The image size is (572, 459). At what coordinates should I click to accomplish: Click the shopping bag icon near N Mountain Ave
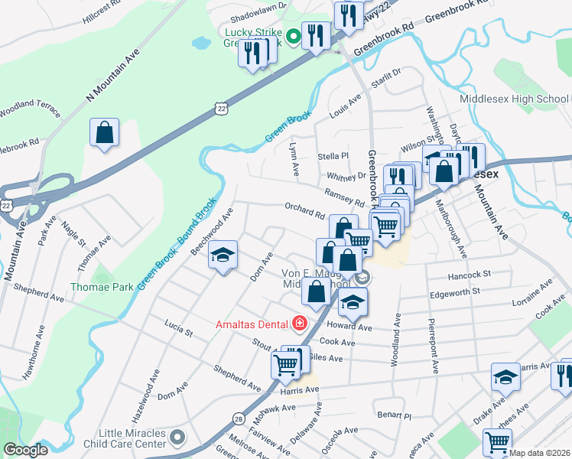[104, 132]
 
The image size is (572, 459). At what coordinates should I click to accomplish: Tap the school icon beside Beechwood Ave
[223, 256]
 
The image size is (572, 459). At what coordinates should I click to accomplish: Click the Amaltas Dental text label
[252, 324]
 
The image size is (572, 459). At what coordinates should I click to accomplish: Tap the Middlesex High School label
[514, 99]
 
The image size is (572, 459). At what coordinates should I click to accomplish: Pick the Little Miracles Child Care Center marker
[178, 437]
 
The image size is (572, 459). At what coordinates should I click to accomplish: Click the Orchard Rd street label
[304, 210]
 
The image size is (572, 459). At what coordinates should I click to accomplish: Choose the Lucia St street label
[178, 329]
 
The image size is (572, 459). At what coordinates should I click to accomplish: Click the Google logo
[26, 450]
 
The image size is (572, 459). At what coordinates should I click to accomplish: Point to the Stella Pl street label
[333, 156]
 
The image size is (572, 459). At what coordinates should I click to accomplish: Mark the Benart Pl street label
[395, 415]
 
